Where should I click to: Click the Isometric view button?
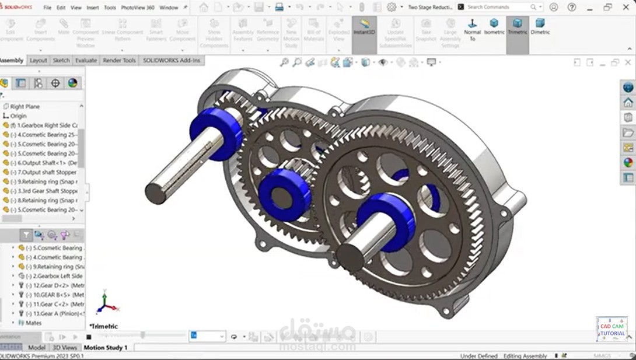494,27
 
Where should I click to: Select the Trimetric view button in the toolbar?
517,27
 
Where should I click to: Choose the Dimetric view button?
540,27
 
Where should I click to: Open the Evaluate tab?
86,60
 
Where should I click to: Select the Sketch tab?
61,60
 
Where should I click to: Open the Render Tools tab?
119,60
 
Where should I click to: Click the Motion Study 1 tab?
106,347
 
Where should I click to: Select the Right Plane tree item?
25,107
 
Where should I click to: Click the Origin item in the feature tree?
18,116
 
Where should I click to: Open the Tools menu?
110,8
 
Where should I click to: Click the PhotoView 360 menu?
138,8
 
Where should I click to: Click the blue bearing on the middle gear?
284,194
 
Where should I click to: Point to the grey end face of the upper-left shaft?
155,193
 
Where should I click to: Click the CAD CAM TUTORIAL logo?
611,329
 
